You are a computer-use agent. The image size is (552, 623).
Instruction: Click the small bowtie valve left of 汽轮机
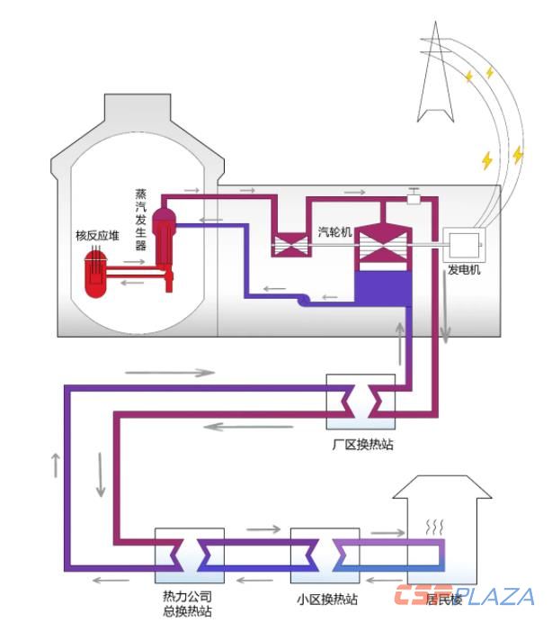[289, 244]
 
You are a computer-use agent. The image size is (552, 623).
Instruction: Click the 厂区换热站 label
[362, 444]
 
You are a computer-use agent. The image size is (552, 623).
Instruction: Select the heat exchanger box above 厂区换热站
[361, 402]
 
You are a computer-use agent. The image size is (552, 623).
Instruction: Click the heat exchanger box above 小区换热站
[325, 555]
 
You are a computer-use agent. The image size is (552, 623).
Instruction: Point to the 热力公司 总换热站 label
[187, 603]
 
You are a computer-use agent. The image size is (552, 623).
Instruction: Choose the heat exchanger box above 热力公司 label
[187, 555]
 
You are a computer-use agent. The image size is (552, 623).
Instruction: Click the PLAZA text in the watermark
[494, 596]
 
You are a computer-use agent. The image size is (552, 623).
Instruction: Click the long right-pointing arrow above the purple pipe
[190, 371]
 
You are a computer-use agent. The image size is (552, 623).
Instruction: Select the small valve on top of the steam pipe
[414, 195]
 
